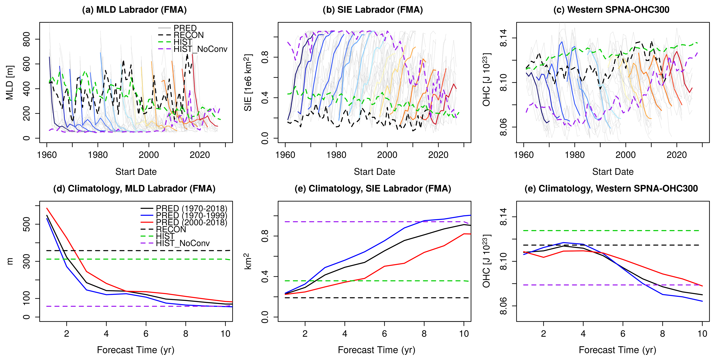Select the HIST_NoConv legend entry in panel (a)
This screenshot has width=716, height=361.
(200, 49)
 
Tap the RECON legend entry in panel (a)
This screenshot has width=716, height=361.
(188, 35)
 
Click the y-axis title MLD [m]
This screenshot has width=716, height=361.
(10, 82)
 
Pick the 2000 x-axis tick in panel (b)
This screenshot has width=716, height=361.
(387, 155)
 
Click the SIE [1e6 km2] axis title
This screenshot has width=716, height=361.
(248, 82)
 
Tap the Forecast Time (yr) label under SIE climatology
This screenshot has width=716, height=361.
(376, 350)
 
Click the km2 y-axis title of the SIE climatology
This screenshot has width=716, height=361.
(248, 261)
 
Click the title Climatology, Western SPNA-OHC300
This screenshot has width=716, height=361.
(611, 189)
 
